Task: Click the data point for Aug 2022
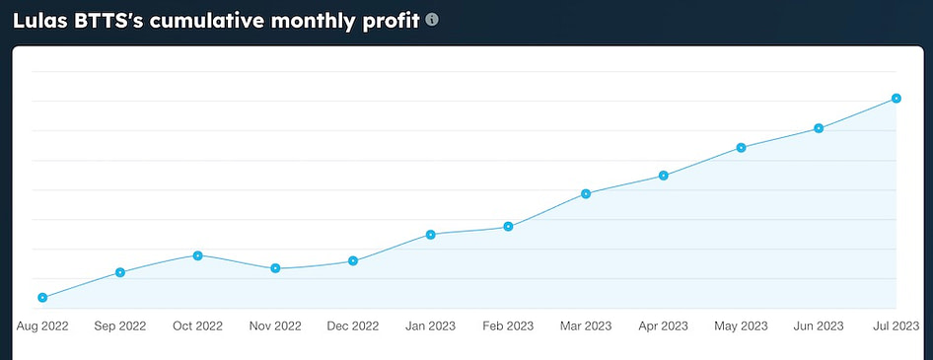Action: [42, 297]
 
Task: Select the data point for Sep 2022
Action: [120, 272]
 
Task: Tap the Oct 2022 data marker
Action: [197, 255]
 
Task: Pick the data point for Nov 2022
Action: [275, 268]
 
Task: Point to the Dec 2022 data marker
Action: [353, 260]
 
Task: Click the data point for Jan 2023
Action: [431, 234]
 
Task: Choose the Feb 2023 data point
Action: [509, 226]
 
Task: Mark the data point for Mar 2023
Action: [586, 193]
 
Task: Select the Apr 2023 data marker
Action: [664, 176]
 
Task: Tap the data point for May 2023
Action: [741, 147]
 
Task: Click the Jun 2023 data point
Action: [819, 128]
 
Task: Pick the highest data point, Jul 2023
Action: [896, 98]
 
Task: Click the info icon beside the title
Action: [432, 19]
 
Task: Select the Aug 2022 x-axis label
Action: [42, 325]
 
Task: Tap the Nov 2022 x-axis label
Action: [275, 325]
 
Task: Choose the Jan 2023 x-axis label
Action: [431, 325]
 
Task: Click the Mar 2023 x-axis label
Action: [586, 325]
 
